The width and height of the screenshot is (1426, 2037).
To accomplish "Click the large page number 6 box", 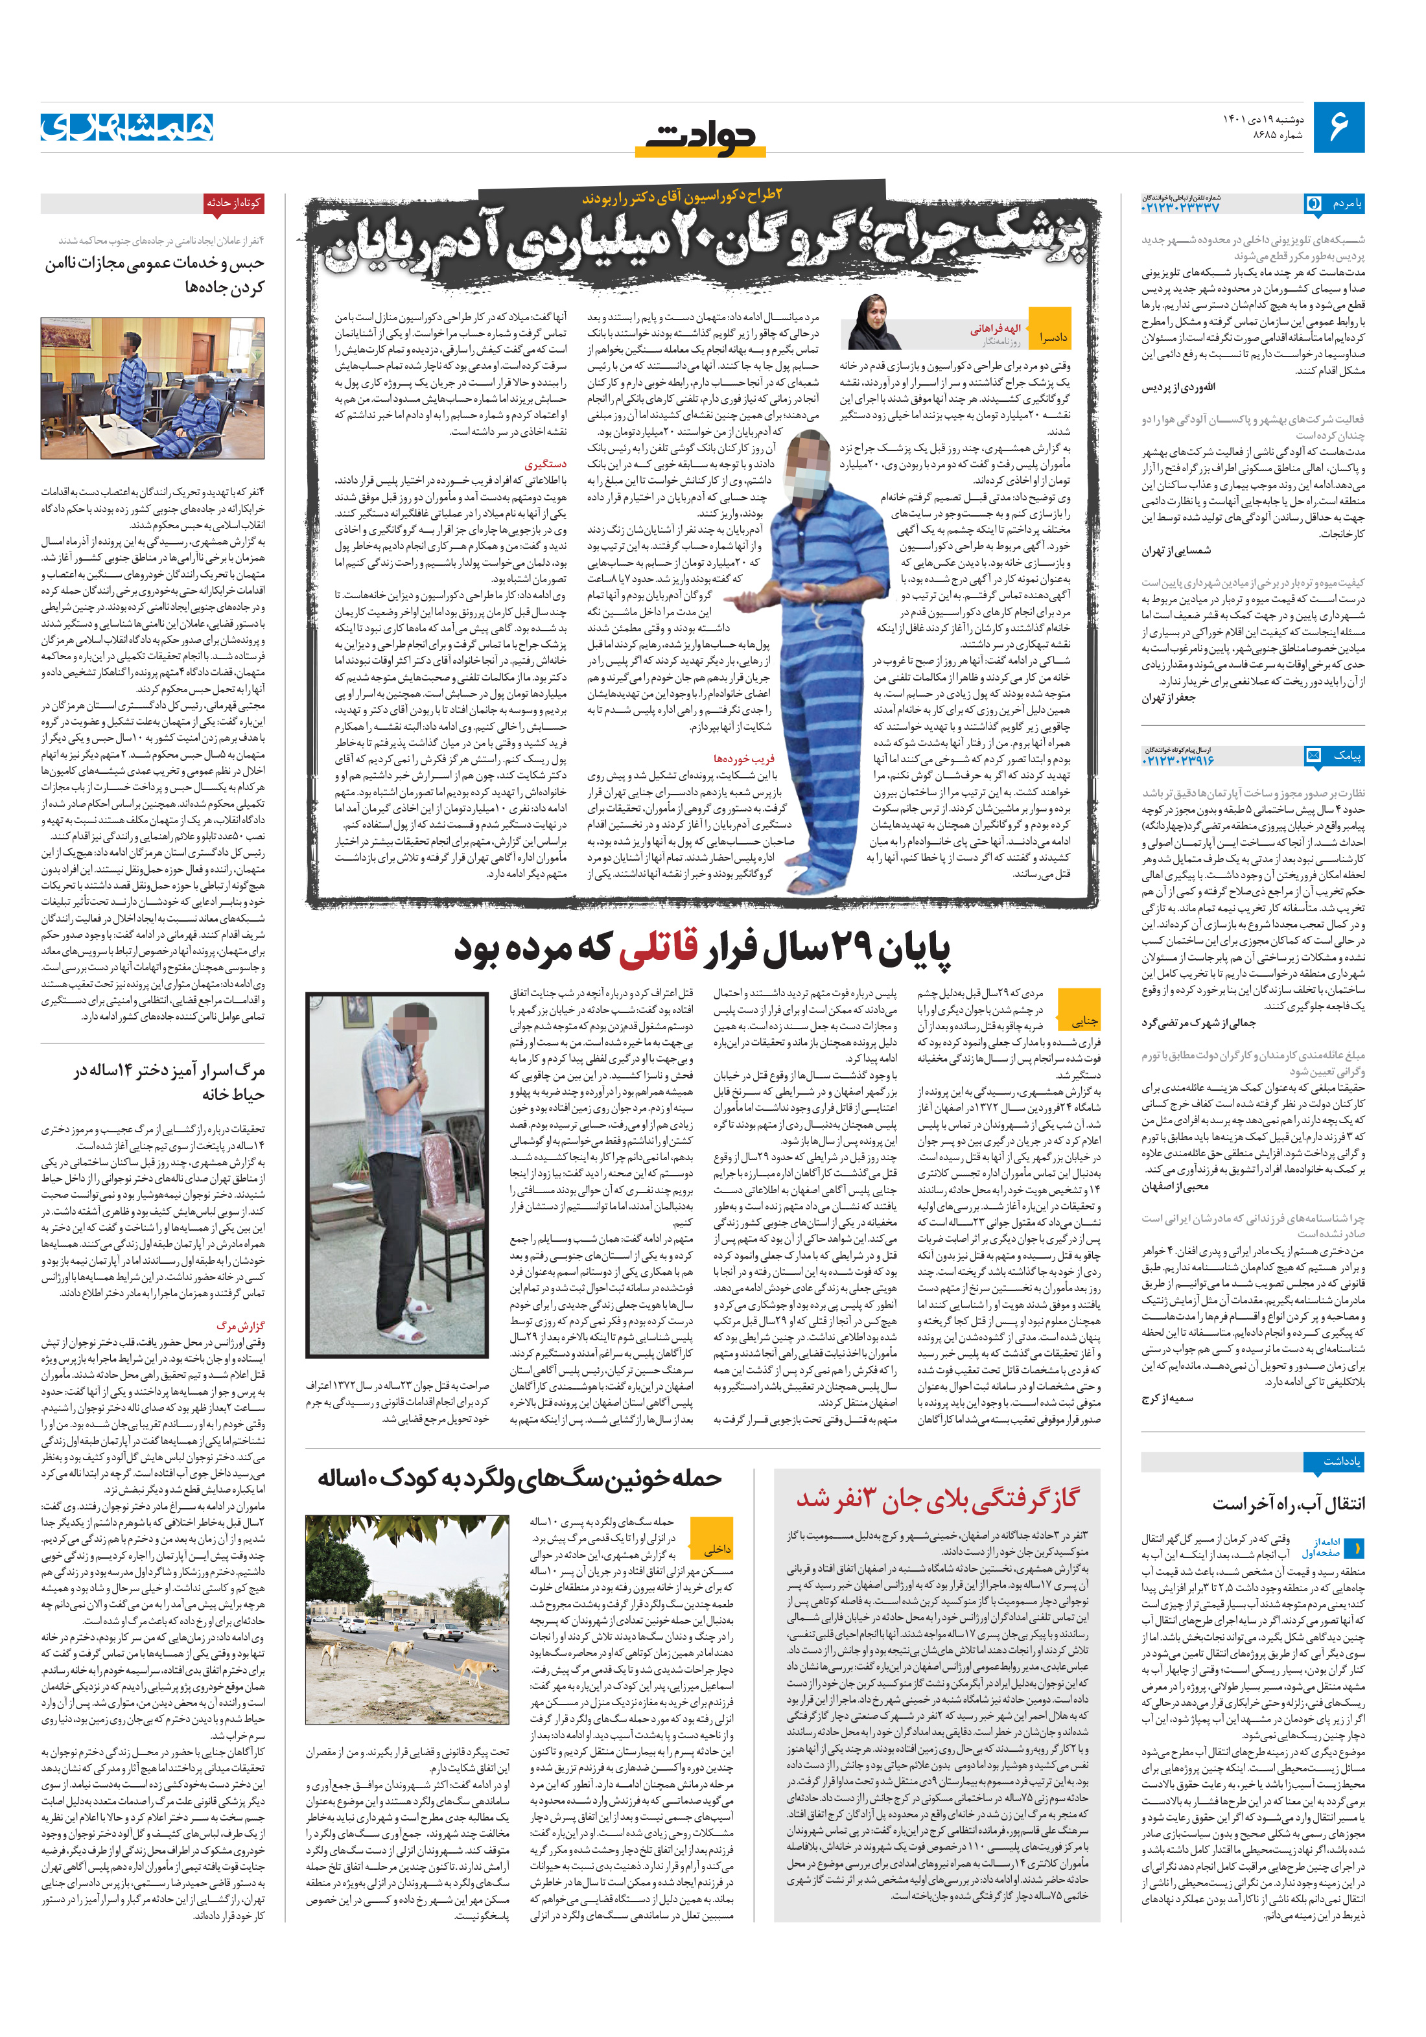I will pos(1338,127).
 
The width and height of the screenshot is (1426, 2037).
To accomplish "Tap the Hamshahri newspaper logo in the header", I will pos(127,127).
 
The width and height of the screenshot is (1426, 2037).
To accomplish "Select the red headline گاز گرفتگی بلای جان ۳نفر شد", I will pos(937,1498).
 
